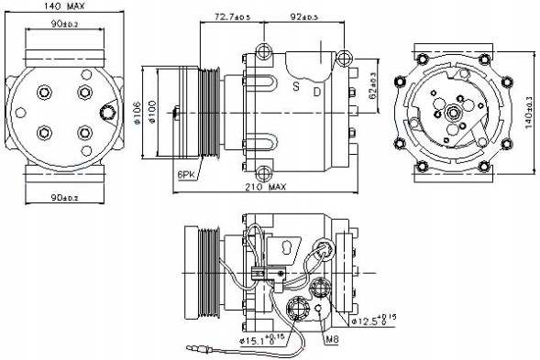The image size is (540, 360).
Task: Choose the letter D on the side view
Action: pos(316,92)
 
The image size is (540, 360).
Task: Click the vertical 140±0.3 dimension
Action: pos(529,111)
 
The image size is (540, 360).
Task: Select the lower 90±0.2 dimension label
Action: pos(63,198)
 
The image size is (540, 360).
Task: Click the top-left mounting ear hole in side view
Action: pos(266,50)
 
